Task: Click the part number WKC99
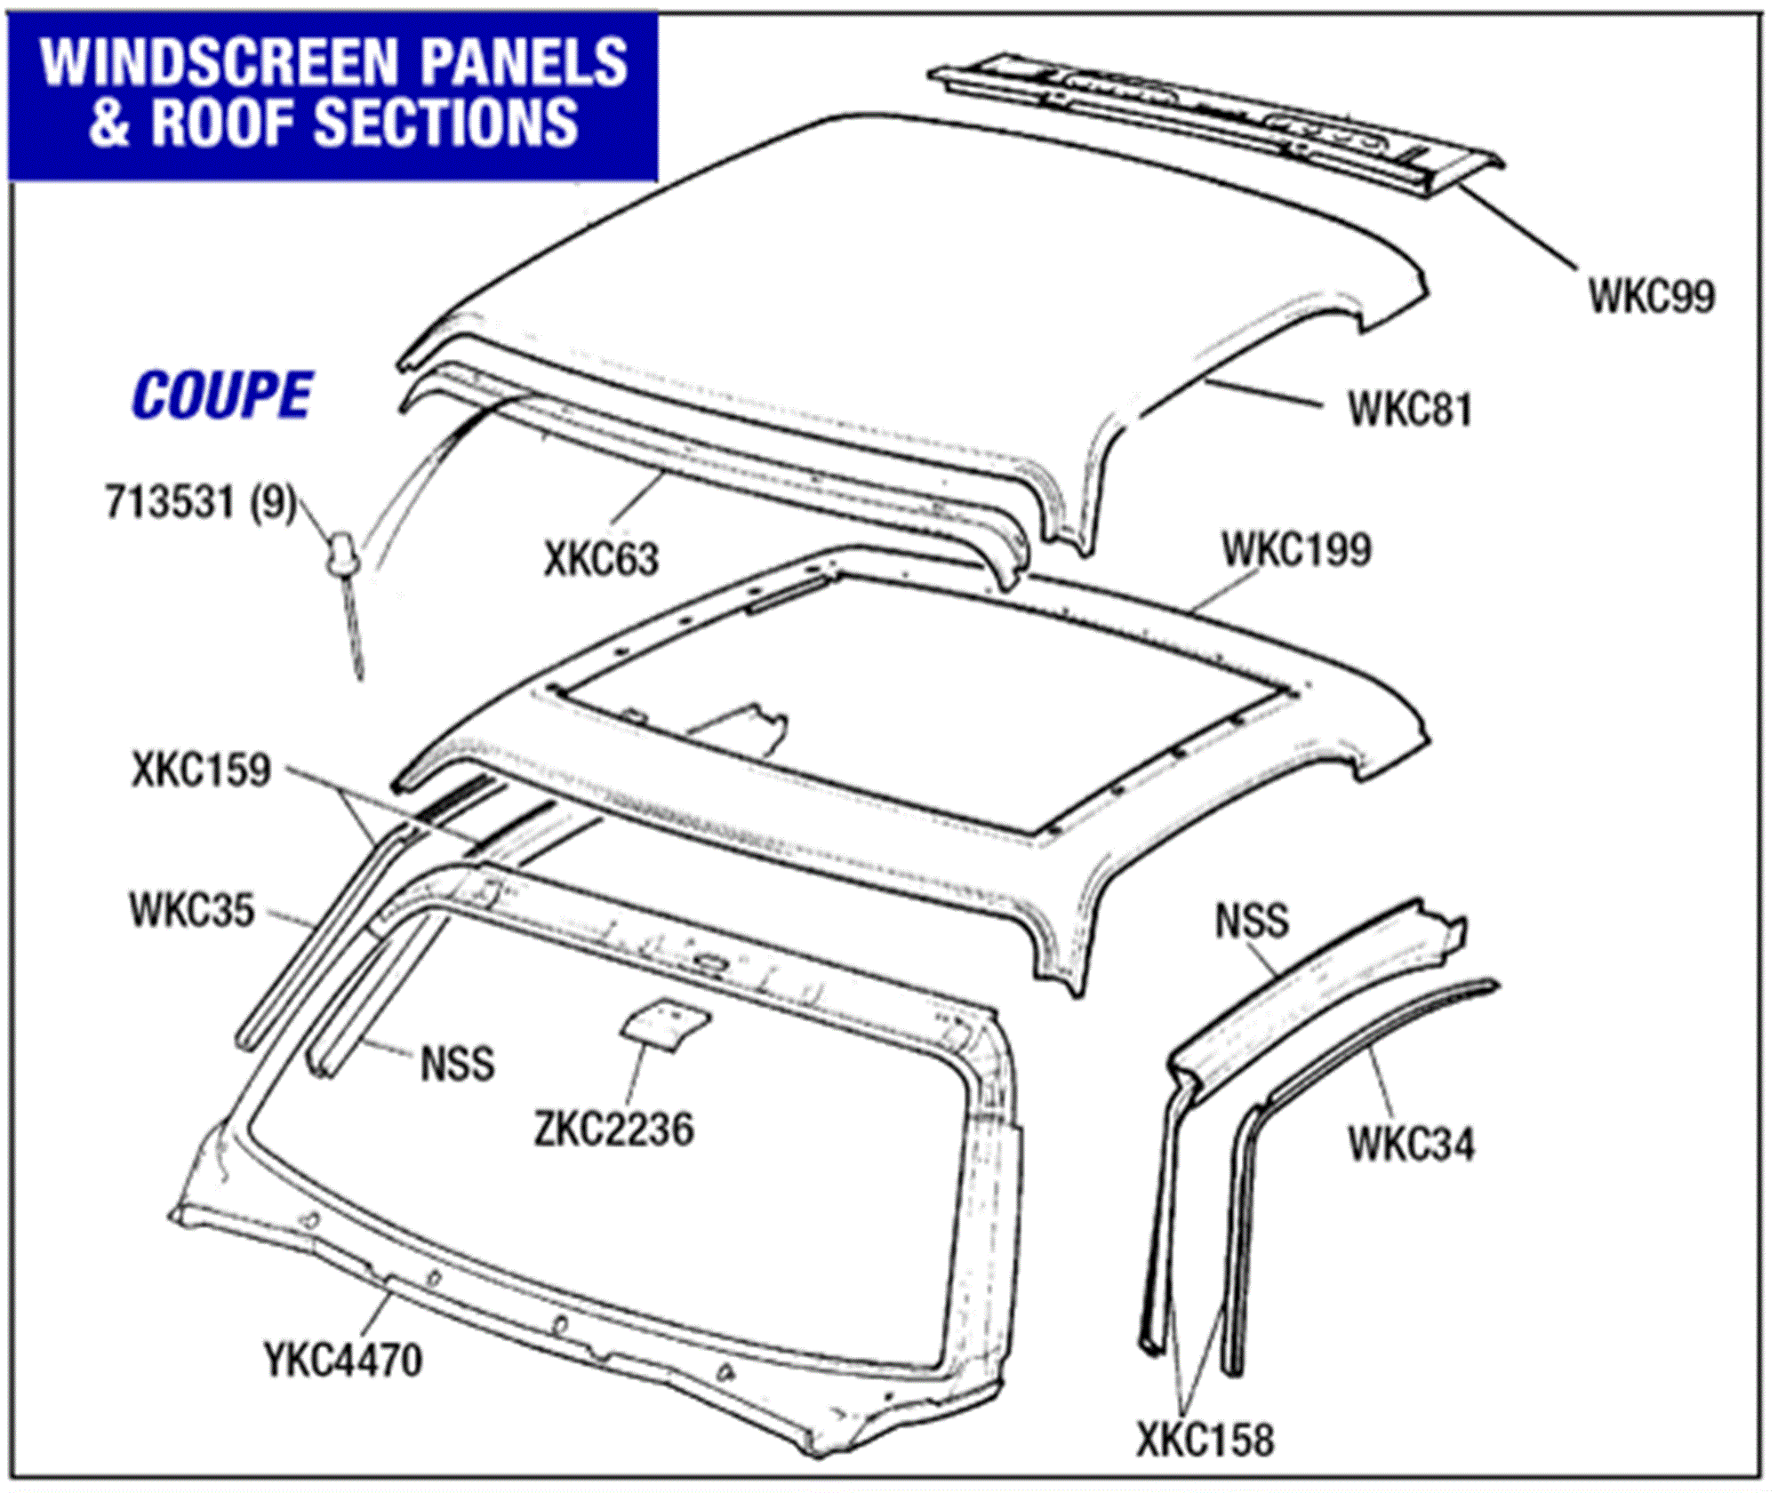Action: (x=1651, y=296)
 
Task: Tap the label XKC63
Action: (x=601, y=560)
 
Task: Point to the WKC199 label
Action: (x=1295, y=550)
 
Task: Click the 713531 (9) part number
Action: (x=200, y=502)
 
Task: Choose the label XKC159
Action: (x=201, y=770)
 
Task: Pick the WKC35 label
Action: (x=192, y=911)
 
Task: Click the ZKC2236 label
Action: (x=613, y=1130)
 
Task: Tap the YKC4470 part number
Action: (x=343, y=1360)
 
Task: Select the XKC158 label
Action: (x=1205, y=1440)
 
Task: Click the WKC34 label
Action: (x=1411, y=1144)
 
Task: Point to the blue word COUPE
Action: (x=222, y=395)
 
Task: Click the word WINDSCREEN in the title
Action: (x=218, y=62)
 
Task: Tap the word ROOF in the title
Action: (x=227, y=122)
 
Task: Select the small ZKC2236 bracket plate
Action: (x=665, y=1024)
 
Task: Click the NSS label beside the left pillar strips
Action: (x=457, y=1064)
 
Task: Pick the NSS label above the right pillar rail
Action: (x=1252, y=921)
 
